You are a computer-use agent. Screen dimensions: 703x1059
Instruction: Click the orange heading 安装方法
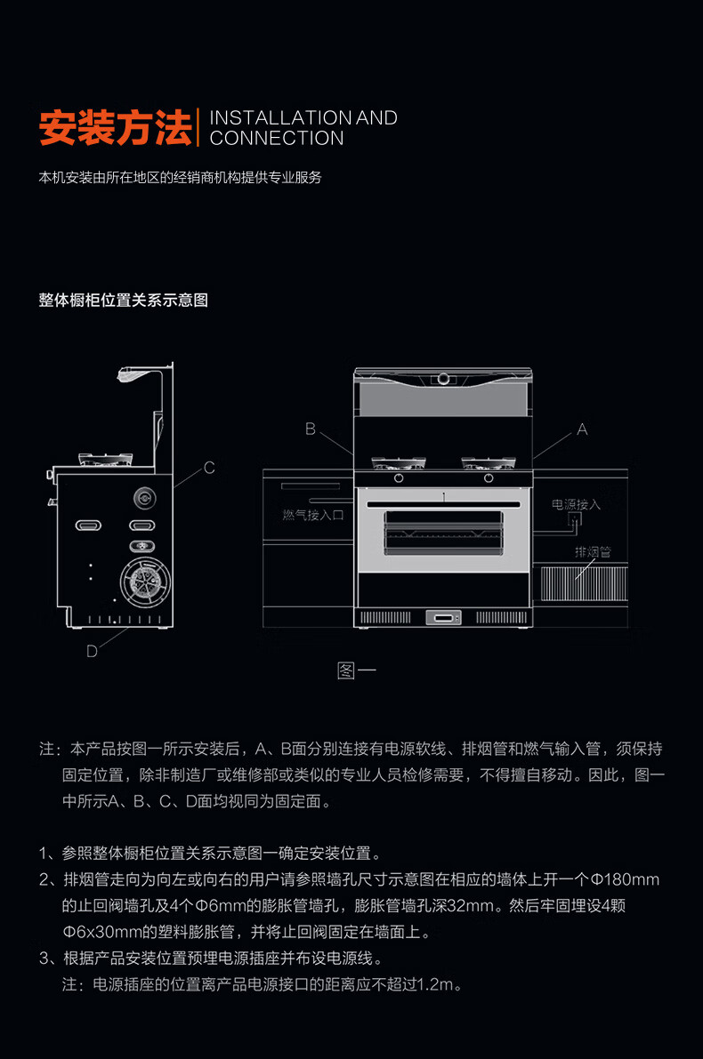pyautogui.click(x=115, y=127)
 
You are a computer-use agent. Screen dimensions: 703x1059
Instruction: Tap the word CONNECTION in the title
pyautogui.click(x=277, y=139)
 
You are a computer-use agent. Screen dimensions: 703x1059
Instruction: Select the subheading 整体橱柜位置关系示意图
pyautogui.click(x=123, y=301)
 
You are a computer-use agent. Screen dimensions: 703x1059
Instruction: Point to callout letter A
pyautogui.click(x=582, y=429)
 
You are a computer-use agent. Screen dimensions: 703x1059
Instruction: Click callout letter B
pyautogui.click(x=311, y=429)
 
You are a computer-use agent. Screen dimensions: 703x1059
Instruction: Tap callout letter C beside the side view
pyautogui.click(x=209, y=468)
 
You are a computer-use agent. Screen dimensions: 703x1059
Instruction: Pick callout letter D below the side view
pyautogui.click(x=92, y=651)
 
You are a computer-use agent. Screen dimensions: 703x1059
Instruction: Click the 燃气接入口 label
pyautogui.click(x=311, y=515)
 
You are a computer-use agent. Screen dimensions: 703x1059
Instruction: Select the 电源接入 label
pyautogui.click(x=576, y=504)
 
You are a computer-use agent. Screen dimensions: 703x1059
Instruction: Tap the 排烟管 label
pyautogui.click(x=593, y=552)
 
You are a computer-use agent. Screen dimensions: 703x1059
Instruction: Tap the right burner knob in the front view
pyautogui.click(x=489, y=477)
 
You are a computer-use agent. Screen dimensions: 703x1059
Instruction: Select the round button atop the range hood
pyautogui.click(x=442, y=379)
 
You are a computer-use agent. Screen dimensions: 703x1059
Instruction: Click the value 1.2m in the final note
pyautogui.click(x=437, y=984)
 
